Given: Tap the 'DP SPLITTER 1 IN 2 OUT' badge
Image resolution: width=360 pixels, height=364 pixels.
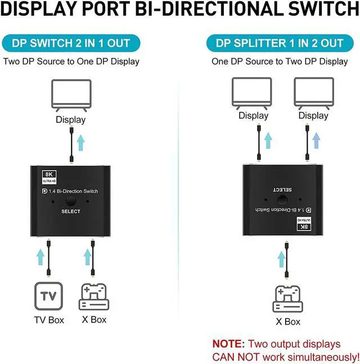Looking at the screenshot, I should (x=279, y=43).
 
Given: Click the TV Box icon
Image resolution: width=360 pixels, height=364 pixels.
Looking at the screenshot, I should (x=48, y=295).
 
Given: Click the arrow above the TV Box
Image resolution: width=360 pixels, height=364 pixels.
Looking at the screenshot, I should (x=40, y=256).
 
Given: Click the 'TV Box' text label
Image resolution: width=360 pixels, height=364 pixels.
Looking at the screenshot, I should (x=48, y=320).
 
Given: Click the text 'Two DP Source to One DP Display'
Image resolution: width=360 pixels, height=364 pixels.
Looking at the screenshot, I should (x=71, y=61).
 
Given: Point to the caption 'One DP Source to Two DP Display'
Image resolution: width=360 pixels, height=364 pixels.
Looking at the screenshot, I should (x=280, y=61).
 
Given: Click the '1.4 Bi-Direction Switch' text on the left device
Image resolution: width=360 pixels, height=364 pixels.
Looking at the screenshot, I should (x=75, y=191).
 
